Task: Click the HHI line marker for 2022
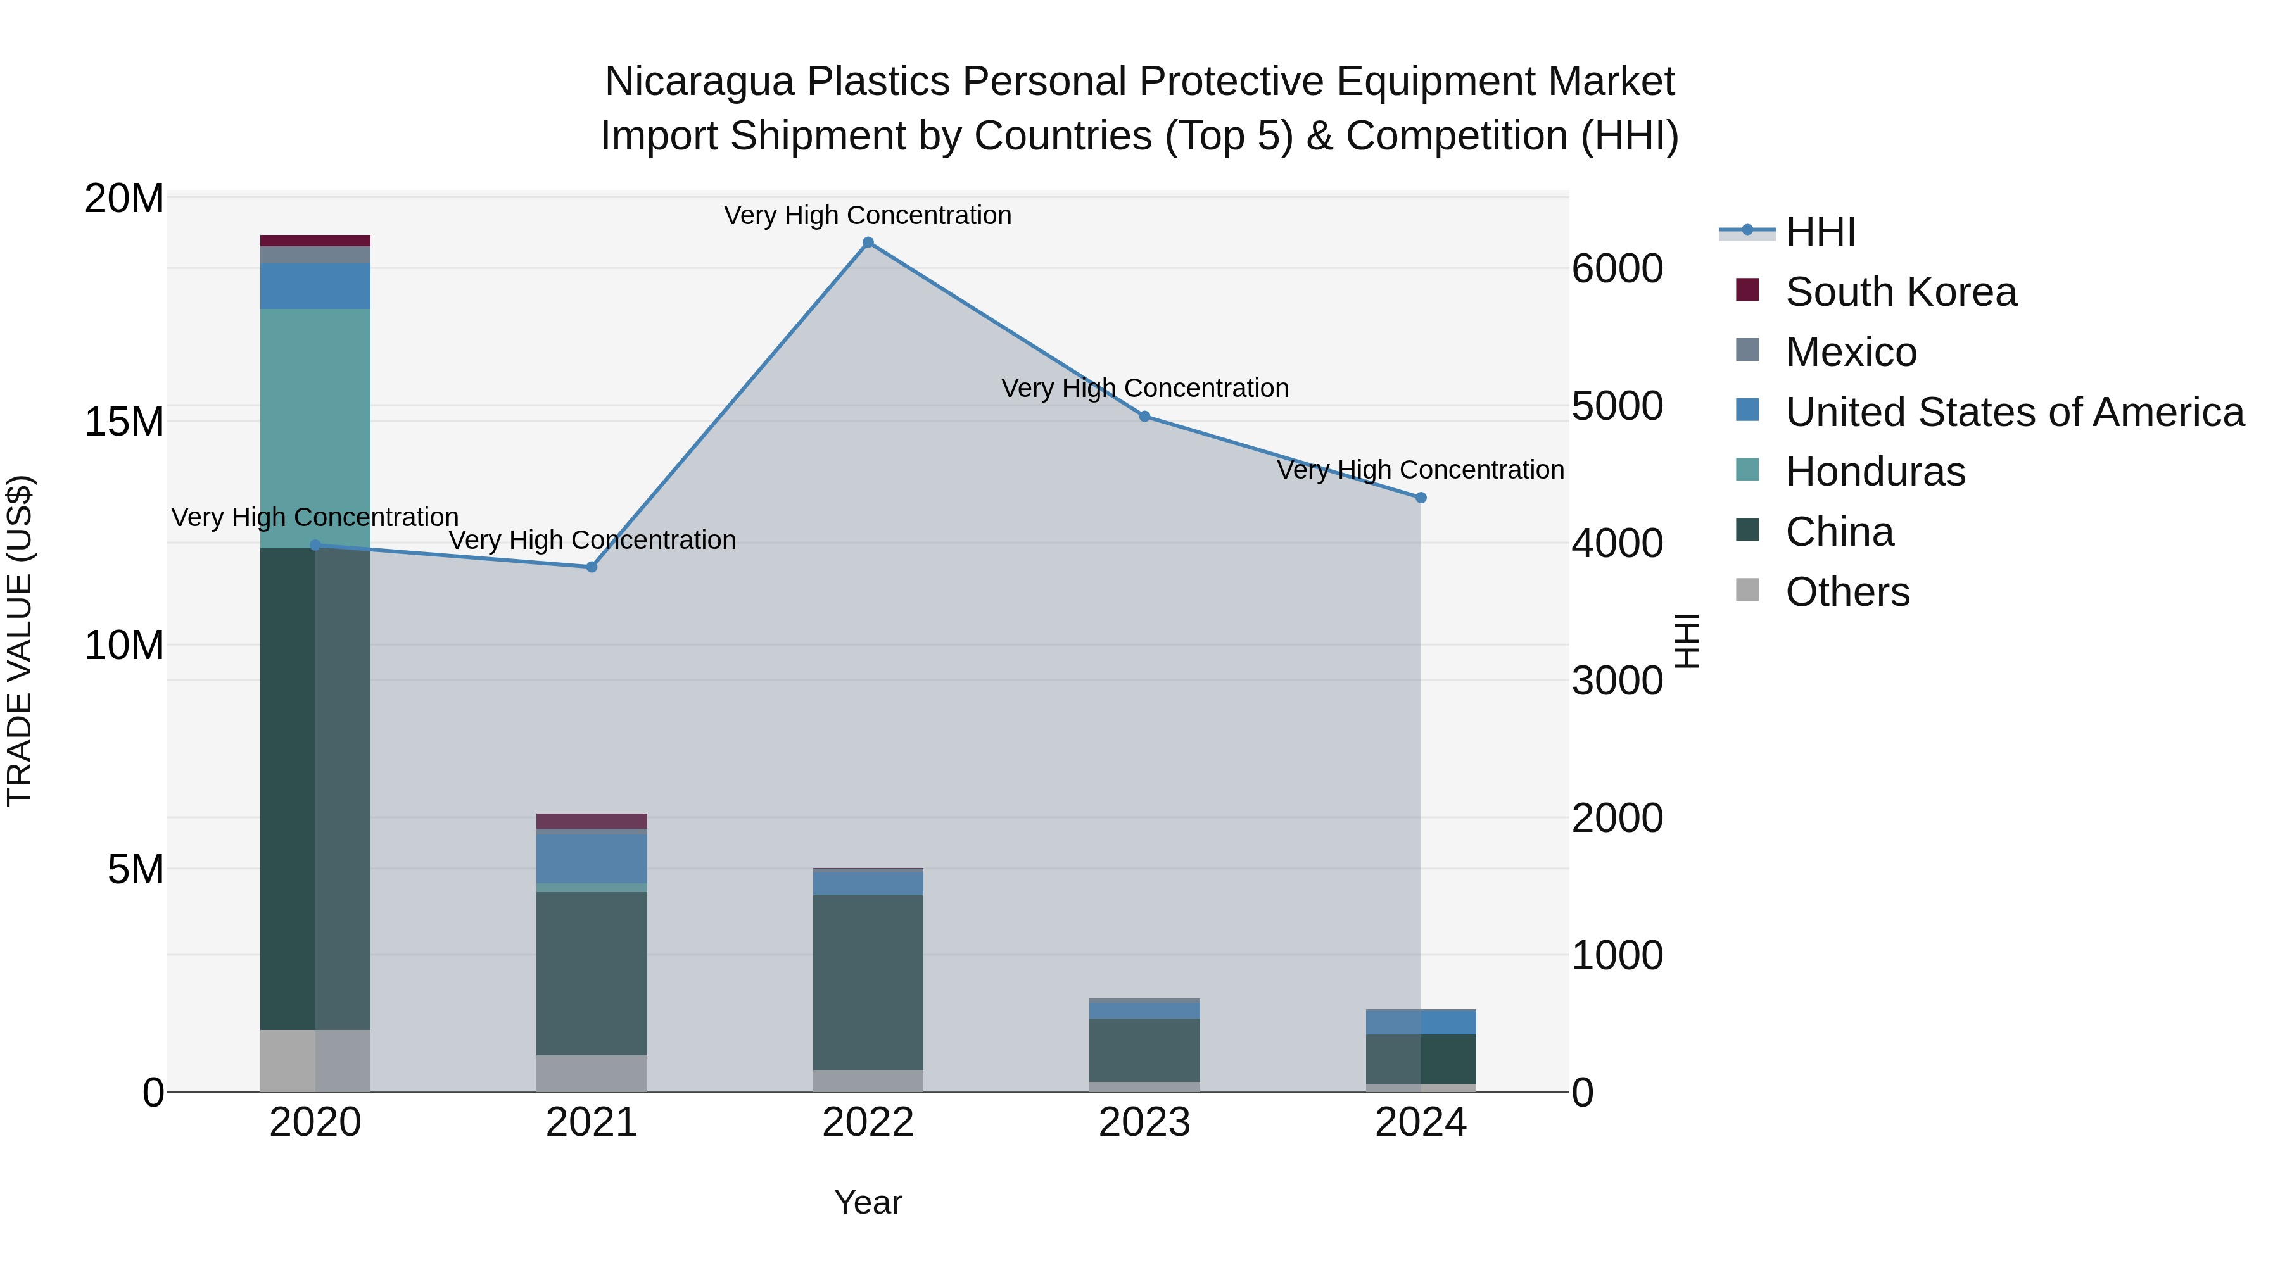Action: (x=868, y=242)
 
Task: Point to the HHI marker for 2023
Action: (x=1144, y=416)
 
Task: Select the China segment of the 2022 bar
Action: (x=868, y=982)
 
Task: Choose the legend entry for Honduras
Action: (x=1875, y=472)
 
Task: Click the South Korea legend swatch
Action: (x=1747, y=289)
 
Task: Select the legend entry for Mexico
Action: (x=1850, y=352)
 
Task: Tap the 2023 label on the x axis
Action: (x=1144, y=1122)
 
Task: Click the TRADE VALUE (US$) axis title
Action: (x=20, y=641)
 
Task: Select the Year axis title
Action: (x=868, y=1202)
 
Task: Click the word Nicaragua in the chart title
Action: (x=699, y=82)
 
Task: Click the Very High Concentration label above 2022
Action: (x=868, y=215)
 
